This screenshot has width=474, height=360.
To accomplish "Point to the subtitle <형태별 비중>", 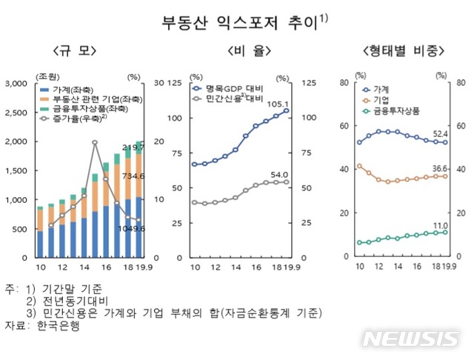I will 403,51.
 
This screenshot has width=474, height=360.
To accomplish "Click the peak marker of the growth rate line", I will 95,142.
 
